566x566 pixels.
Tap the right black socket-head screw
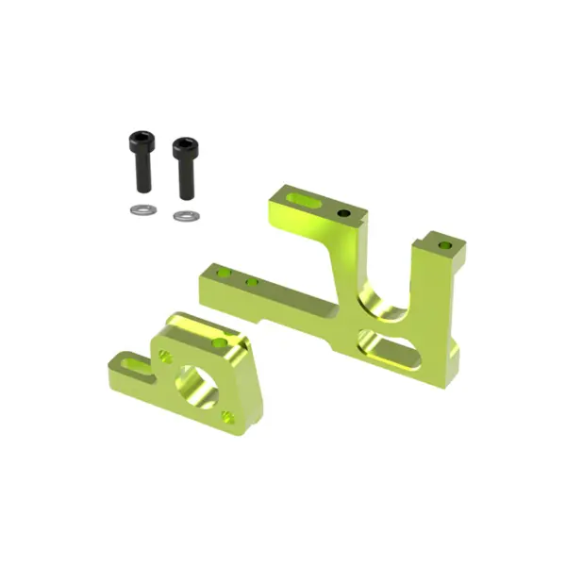pyautogui.click(x=185, y=168)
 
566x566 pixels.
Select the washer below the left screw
pyautogui.click(x=141, y=209)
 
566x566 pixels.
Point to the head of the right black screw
pyautogui.click(x=184, y=149)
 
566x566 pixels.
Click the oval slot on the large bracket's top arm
pyautogui.click(x=303, y=200)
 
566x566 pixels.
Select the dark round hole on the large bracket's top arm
pyautogui.click(x=344, y=213)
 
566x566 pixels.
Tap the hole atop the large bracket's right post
pyautogui.click(x=444, y=245)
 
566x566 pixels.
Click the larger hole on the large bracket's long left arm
pyautogui.click(x=224, y=274)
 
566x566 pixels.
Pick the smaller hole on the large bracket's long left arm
pyautogui.click(x=252, y=281)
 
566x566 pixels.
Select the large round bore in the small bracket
pyautogui.click(x=196, y=383)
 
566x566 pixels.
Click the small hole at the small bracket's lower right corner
pyautogui.click(x=227, y=415)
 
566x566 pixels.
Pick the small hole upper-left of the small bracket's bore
pyautogui.click(x=166, y=357)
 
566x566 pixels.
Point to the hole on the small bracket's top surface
pyautogui.click(x=220, y=342)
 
